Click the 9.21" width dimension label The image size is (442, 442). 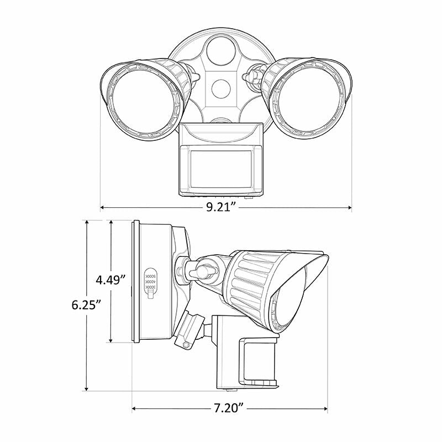coord(221,208)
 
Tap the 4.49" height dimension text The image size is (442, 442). coord(111,280)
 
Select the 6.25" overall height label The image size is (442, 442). coord(86,304)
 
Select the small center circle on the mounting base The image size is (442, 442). coord(221,88)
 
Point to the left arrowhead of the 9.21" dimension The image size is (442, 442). coord(103,208)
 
